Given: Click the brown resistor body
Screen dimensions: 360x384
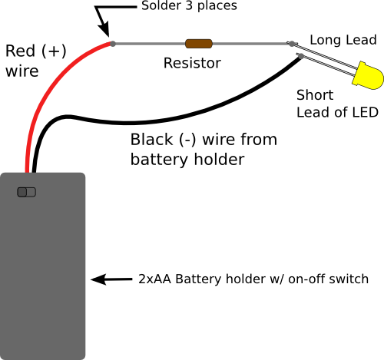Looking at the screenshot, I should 200,45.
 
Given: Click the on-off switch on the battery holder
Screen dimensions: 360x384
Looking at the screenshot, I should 27,192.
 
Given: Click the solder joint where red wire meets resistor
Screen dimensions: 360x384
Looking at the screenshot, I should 113,44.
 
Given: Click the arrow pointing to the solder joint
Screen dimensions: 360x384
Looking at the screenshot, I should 103,23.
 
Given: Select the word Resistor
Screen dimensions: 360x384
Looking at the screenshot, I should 192,64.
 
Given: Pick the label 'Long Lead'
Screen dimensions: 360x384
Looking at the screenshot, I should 343,39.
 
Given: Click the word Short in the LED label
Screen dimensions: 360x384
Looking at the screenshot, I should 315,95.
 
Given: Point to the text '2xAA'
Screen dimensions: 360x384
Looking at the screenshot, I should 155,279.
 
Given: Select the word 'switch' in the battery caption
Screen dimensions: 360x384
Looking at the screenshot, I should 349,279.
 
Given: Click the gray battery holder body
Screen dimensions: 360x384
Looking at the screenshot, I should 42,276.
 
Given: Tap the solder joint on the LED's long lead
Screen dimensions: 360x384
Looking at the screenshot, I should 293,45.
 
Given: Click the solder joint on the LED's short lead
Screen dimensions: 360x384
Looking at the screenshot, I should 299,54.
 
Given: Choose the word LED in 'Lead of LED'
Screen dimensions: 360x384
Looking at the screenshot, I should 362,113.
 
